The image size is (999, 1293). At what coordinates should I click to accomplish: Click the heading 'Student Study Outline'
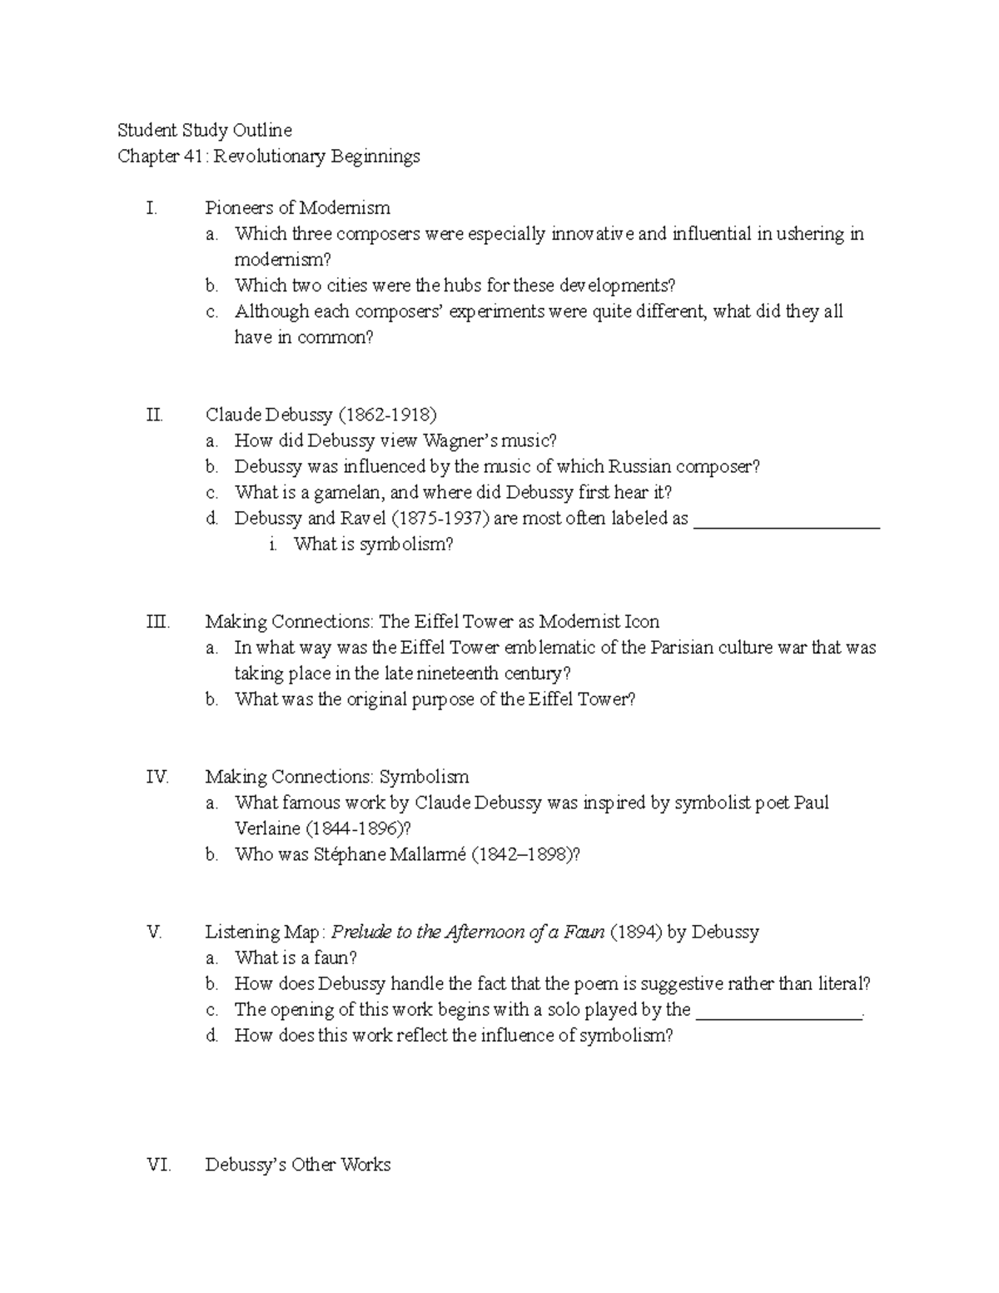[205, 130]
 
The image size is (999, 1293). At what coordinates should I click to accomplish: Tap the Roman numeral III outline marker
[157, 621]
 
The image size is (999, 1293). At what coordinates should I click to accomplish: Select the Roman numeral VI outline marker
[158, 1164]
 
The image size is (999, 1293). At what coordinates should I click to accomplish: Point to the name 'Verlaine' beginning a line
[267, 828]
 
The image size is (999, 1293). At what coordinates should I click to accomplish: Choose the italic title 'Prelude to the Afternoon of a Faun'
[468, 932]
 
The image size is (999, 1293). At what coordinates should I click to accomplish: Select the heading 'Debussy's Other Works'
[297, 1164]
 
